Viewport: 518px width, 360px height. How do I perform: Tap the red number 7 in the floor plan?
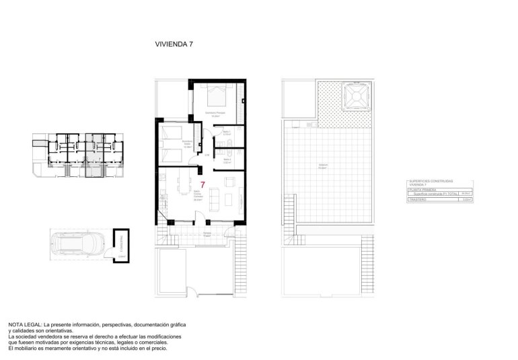203,184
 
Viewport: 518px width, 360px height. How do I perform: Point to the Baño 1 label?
227,133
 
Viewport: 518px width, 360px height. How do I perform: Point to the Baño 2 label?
227,160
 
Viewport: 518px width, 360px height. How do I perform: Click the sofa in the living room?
215,198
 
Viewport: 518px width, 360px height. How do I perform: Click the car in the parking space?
79,244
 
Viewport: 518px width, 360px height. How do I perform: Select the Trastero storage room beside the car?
121,244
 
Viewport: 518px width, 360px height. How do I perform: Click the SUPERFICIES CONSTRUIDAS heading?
431,181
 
